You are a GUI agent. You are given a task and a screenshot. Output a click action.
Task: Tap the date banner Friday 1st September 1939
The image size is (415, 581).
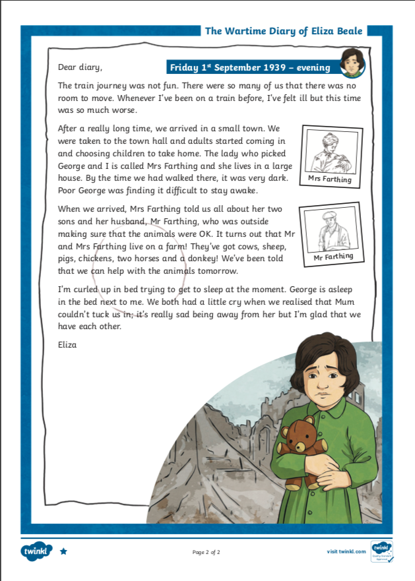253,67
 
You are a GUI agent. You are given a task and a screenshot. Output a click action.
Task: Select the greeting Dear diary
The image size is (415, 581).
80,67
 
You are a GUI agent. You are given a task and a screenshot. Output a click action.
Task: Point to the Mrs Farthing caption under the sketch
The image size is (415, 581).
331,179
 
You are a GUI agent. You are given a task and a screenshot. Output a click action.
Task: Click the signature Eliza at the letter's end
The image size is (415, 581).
68,344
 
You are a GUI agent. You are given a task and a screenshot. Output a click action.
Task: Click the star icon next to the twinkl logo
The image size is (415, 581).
63,551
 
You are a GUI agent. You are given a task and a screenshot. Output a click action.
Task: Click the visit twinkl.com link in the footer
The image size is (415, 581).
346,551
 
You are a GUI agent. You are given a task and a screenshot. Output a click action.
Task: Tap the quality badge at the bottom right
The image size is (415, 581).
382,551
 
